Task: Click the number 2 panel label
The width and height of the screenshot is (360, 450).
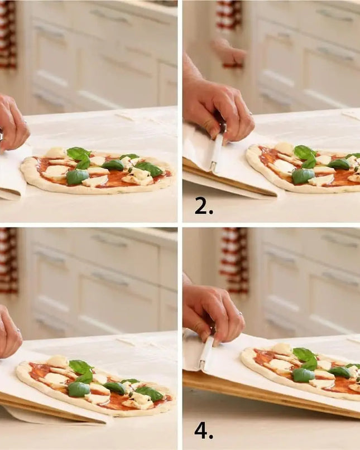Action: click(x=204, y=206)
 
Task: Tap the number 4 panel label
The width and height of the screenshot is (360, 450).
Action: click(x=204, y=431)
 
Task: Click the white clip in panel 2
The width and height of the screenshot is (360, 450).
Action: click(x=217, y=150)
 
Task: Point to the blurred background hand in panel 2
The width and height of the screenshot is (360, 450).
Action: click(x=229, y=53)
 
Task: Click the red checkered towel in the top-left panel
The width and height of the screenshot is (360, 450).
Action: click(x=8, y=35)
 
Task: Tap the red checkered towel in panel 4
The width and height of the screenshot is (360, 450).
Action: click(x=234, y=260)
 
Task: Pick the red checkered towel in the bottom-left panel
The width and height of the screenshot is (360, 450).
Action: click(x=8, y=260)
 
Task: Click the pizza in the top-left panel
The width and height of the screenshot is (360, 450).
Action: click(x=98, y=170)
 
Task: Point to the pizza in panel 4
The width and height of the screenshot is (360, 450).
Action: click(x=300, y=370)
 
